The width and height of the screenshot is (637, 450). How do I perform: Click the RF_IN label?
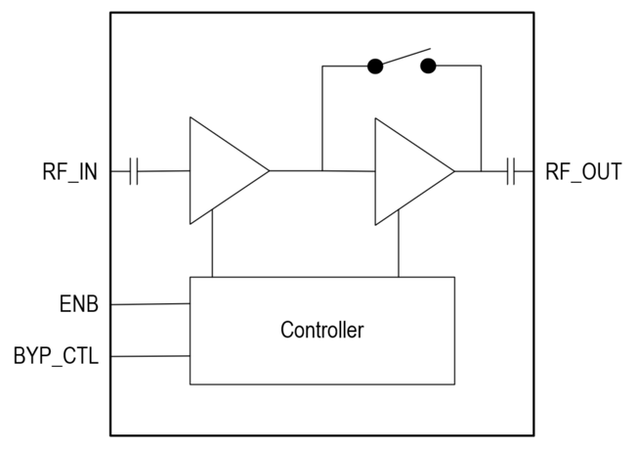pyautogui.click(x=69, y=173)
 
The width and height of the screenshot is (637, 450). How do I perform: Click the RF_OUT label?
pyautogui.click(x=582, y=173)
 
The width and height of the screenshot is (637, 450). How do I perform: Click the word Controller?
pyautogui.click(x=321, y=330)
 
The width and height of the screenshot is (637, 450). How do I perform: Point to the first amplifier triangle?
pyautogui.click(x=222, y=171)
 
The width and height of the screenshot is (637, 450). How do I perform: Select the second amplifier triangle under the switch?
pyautogui.click(x=407, y=171)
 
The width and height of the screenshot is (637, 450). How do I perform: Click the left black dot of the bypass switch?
pyautogui.click(x=374, y=67)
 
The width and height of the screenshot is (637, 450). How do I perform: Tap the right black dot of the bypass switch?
pyautogui.click(x=428, y=67)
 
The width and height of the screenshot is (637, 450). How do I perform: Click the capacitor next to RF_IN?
pyautogui.click(x=135, y=172)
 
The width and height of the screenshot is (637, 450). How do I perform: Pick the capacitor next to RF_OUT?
pyautogui.click(x=511, y=172)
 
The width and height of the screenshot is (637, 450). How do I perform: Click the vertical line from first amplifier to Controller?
pyautogui.click(x=213, y=245)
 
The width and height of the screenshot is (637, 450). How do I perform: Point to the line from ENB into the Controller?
pyautogui.click(x=149, y=304)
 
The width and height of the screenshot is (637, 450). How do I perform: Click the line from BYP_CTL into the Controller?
pyautogui.click(x=149, y=356)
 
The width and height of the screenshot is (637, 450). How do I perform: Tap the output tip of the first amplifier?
pyautogui.click(x=268, y=171)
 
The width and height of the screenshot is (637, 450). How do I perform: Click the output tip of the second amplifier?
pyautogui.click(x=453, y=171)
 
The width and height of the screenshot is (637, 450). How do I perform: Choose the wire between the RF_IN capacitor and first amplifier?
pyautogui.click(x=164, y=172)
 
